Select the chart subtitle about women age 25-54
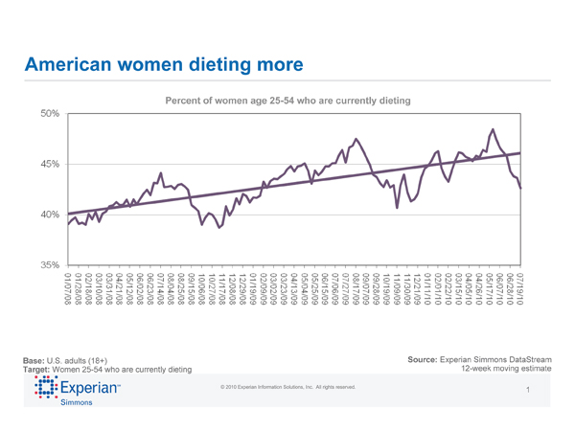(x=288, y=101)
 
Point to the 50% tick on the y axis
(x=50, y=114)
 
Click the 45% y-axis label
(x=50, y=164)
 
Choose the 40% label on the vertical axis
(x=50, y=215)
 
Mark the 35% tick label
(x=50, y=264)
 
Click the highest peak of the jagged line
(x=493, y=129)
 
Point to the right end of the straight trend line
(x=520, y=153)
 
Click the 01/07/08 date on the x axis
(x=68, y=288)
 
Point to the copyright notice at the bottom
(x=287, y=387)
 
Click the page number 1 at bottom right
(x=528, y=391)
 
